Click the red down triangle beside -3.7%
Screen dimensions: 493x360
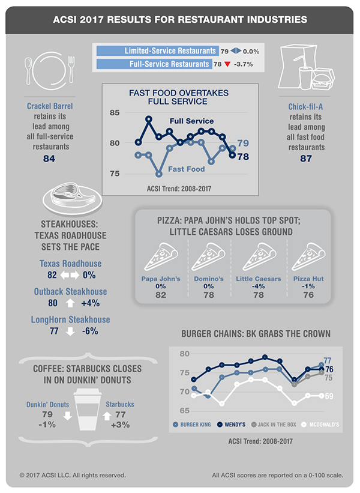tap(227, 64)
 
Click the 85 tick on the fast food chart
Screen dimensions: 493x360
tap(113, 112)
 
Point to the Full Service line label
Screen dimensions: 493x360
tap(191, 121)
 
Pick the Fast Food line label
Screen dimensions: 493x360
tap(187, 169)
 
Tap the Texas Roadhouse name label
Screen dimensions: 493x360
tap(71, 264)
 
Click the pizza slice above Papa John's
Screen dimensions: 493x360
tap(161, 257)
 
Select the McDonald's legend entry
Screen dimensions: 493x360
tap(317, 425)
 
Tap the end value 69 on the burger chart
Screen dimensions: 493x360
tap(329, 396)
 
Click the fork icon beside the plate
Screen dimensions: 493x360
tap(71, 70)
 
